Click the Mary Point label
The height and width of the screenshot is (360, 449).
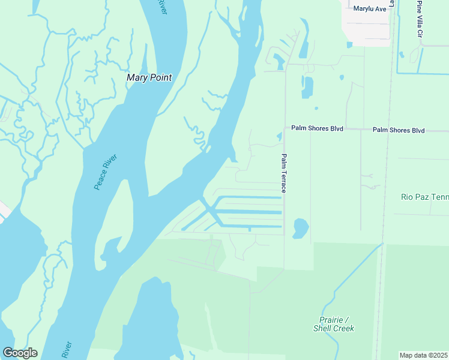tap(149, 77)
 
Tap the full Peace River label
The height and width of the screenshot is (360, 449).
tap(106, 172)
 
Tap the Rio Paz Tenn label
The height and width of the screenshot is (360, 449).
tap(424, 197)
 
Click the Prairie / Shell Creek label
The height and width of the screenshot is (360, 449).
tap(334, 324)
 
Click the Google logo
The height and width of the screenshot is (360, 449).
tap(20, 353)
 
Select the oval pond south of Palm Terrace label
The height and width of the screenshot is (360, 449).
tap(301, 227)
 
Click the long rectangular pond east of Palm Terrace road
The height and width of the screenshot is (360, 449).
tap(308, 88)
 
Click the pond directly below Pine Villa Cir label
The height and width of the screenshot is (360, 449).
tap(414, 56)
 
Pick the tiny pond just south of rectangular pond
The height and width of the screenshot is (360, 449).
tap(316, 109)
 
